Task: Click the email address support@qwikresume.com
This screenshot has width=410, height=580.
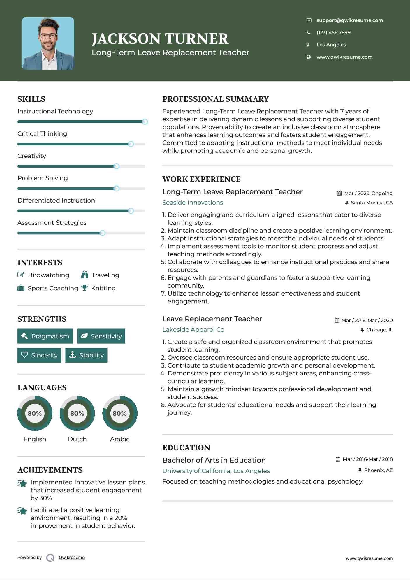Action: (x=349, y=20)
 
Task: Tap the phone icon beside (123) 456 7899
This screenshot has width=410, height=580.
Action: (x=308, y=32)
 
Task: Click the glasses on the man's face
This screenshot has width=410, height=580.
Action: (x=48, y=36)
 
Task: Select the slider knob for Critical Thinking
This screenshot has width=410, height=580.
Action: (x=131, y=144)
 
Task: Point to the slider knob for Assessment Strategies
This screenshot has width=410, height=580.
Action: (x=102, y=233)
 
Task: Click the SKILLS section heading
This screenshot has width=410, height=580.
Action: (x=31, y=99)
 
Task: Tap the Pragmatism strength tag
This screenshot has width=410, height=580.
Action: (x=45, y=336)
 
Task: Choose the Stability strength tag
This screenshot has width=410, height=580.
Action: (x=86, y=355)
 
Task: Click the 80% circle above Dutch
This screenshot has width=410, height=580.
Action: (x=77, y=413)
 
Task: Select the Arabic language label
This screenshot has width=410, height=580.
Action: (x=119, y=439)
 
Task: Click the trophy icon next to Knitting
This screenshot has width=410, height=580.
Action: (x=85, y=288)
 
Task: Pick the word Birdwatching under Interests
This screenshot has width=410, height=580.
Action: (x=48, y=275)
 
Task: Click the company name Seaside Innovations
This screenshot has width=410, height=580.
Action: (x=193, y=203)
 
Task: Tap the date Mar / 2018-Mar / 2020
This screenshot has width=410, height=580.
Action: (x=367, y=320)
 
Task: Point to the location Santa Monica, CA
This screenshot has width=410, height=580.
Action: (x=372, y=203)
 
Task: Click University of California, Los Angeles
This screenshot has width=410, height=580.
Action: (x=216, y=471)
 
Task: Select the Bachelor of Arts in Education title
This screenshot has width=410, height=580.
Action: (x=214, y=460)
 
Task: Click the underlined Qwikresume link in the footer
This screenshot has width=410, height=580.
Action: (x=72, y=558)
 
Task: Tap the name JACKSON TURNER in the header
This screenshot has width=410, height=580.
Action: (x=160, y=39)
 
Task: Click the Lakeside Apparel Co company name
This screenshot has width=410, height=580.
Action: (x=193, y=330)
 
